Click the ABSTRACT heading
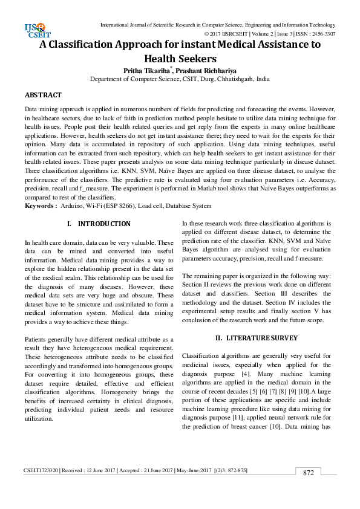click(43, 96)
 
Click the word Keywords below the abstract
click(40, 206)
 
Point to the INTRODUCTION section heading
click(104, 224)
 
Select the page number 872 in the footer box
click(309, 473)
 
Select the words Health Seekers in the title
click(180, 59)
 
